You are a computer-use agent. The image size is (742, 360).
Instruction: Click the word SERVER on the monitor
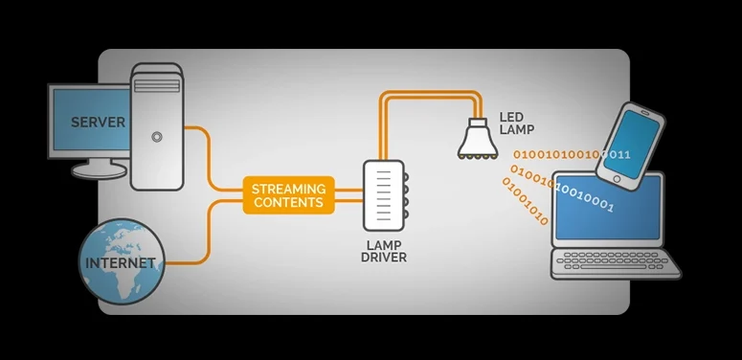[x=98, y=122]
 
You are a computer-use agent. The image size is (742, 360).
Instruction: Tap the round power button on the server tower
[x=157, y=137]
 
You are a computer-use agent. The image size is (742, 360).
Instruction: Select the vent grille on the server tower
[x=157, y=85]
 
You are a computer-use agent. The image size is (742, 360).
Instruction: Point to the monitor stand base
[x=100, y=170]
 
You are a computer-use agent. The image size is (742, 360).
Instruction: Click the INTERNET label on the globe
[x=121, y=262]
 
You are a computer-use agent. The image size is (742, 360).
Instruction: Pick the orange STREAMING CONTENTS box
[x=288, y=195]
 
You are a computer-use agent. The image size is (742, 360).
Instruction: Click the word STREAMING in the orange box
[x=288, y=189]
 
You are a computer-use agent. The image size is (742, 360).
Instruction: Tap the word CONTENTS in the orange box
[x=288, y=202]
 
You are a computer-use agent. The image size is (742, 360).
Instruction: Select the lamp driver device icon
[x=385, y=195]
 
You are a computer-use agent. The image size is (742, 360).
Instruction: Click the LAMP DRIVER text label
[x=384, y=252]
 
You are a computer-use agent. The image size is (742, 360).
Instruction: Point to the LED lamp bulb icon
[x=478, y=138]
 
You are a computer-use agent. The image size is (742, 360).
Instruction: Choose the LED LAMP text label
[x=517, y=123]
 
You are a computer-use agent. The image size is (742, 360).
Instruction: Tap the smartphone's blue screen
[x=632, y=143]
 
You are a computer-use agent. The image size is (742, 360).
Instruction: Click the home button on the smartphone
[x=617, y=179]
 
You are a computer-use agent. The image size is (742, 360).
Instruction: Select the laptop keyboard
[x=616, y=260]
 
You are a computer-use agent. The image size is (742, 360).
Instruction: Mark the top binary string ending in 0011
[x=572, y=154]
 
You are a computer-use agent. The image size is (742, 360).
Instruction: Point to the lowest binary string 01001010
[x=526, y=201]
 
